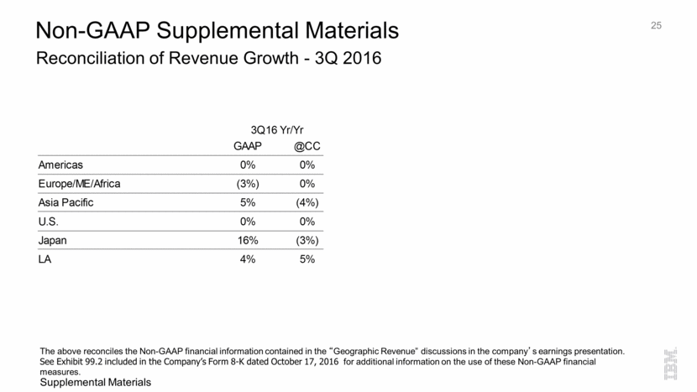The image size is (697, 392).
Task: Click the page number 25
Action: (x=656, y=26)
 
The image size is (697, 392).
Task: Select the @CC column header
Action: (x=307, y=146)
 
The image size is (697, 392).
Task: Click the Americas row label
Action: (x=60, y=165)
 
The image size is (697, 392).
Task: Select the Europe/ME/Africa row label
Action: (x=81, y=184)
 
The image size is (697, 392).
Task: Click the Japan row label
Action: (x=53, y=240)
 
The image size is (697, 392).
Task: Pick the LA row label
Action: (x=45, y=259)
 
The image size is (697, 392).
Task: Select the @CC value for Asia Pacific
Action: (x=307, y=203)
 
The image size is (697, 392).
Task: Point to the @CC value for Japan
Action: (x=307, y=240)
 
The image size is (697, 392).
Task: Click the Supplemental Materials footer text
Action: (x=95, y=383)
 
